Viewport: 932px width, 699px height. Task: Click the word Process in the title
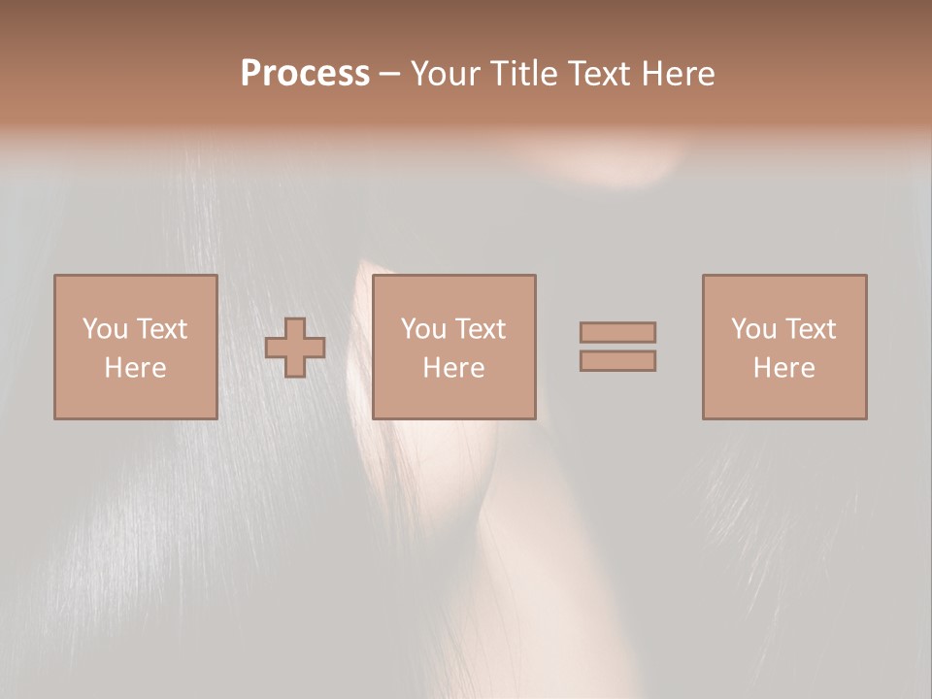(305, 74)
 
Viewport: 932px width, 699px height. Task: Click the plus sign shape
(295, 348)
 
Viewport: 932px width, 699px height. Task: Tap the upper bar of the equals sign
(617, 332)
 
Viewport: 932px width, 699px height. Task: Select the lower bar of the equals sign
(617, 361)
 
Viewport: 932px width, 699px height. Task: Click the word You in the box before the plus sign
(103, 329)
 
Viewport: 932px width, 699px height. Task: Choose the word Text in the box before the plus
(161, 329)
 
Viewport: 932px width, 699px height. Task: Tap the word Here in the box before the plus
(135, 368)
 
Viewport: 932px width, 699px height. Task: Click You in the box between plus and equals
(422, 329)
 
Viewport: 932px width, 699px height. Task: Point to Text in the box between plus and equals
(480, 329)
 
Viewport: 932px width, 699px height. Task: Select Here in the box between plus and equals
(453, 368)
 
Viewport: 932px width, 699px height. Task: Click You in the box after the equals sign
(752, 329)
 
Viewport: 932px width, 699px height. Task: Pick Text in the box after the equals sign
(810, 329)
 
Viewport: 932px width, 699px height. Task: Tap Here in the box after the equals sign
(783, 368)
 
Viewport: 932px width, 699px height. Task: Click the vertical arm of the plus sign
(295, 326)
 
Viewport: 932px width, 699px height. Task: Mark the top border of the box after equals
(784, 276)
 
